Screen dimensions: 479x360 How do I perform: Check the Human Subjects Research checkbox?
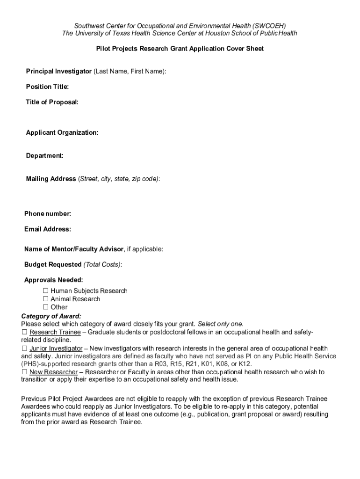pos(46,291)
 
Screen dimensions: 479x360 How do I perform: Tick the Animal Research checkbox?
pos(46,299)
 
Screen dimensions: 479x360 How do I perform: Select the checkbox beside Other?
pos(46,307)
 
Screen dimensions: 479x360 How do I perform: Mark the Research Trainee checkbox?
pos(24,332)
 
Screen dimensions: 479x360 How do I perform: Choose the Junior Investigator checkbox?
pos(24,348)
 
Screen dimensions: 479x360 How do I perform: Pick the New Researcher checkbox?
pos(24,372)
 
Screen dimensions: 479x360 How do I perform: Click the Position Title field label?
pos(47,87)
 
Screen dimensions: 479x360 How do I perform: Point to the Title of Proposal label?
pos(52,102)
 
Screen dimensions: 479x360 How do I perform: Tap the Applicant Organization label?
pos(62,133)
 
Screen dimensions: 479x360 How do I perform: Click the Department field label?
pos(45,156)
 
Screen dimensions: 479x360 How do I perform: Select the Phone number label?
pos(48,214)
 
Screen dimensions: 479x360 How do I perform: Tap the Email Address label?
pos(48,229)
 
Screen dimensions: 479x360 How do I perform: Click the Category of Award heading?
pos(51,316)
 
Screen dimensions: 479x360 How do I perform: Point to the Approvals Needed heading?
pos(54,280)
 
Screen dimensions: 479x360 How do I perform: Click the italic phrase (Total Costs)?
pos(102,265)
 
